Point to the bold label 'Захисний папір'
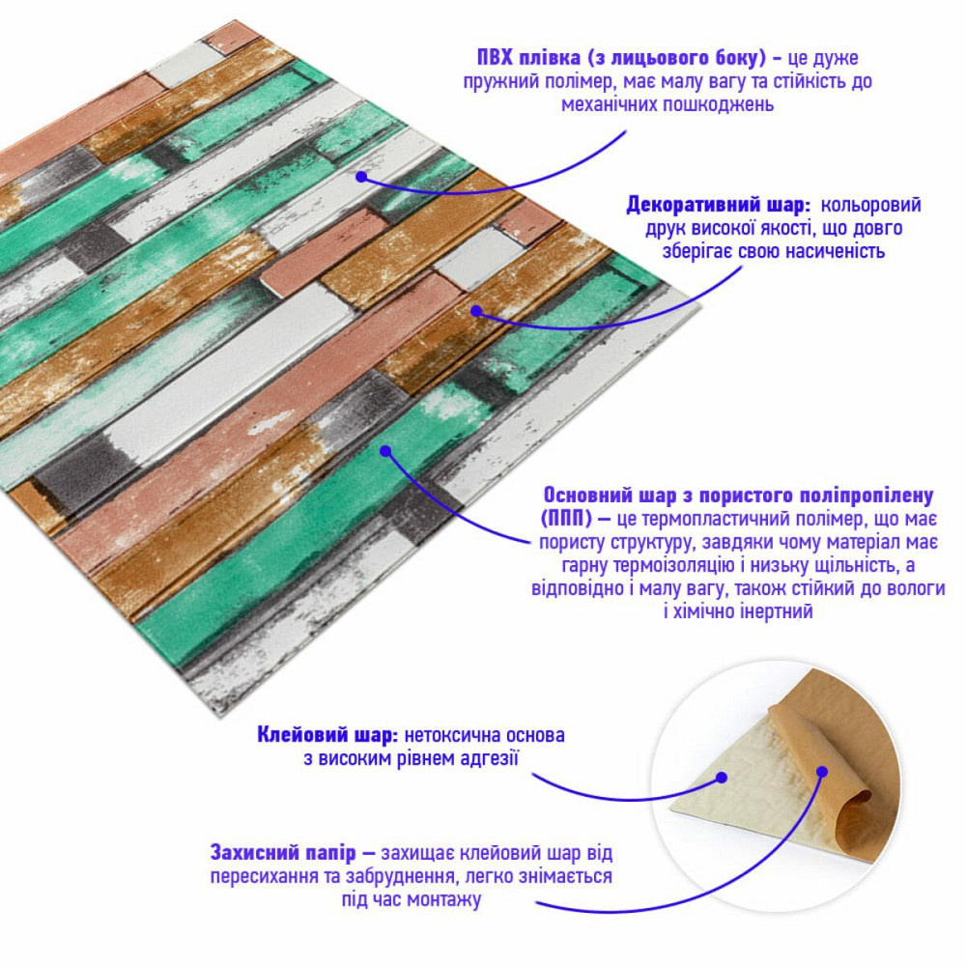click(x=284, y=854)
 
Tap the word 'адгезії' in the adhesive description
click(x=485, y=759)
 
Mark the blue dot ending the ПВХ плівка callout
click(x=360, y=177)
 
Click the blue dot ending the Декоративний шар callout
click(x=476, y=311)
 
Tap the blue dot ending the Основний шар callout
click(x=384, y=450)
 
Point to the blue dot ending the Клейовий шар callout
click(x=722, y=775)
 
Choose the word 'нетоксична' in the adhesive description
click(x=451, y=736)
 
